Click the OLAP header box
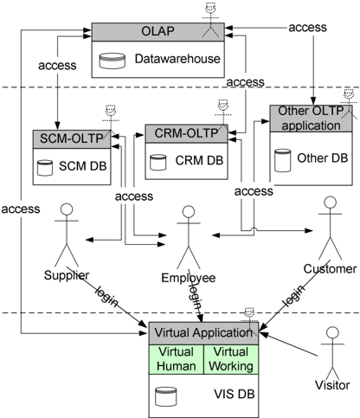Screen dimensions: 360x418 point(157,32)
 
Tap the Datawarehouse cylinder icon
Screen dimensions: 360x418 point(112,61)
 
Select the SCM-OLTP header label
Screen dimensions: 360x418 point(72,138)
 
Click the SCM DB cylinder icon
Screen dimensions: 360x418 point(45,168)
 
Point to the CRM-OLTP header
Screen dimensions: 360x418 point(186,133)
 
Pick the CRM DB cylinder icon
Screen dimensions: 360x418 point(158,163)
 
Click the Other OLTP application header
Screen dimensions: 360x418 point(311,119)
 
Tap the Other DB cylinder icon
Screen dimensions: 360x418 point(282,160)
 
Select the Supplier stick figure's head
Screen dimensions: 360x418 point(67,209)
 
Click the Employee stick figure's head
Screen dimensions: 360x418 point(189,211)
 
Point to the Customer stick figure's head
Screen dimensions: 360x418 point(330,203)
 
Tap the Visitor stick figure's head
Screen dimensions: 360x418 point(332,332)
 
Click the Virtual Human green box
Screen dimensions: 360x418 point(177,359)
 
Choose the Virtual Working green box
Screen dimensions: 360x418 point(231,359)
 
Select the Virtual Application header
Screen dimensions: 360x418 point(203,333)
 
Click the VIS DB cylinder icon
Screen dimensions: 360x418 point(165,396)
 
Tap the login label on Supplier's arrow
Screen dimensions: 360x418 point(106,296)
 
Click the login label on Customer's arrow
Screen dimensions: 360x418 point(294,295)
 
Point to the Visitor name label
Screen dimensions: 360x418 point(332,385)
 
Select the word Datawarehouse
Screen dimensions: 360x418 point(177,59)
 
